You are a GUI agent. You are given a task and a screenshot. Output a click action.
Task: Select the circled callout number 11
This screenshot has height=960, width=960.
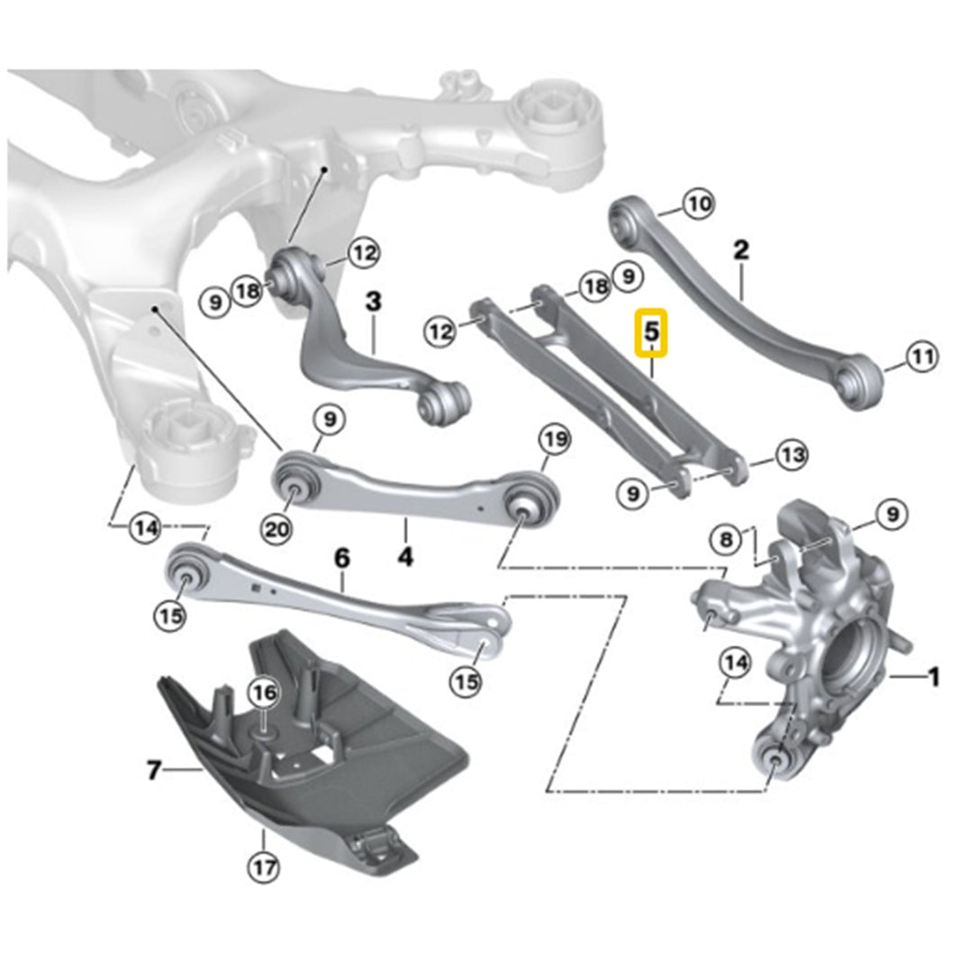pos(921,358)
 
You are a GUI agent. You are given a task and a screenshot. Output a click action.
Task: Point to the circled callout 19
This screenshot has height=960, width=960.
pos(554,441)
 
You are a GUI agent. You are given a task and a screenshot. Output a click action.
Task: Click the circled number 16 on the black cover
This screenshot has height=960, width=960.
pos(263,693)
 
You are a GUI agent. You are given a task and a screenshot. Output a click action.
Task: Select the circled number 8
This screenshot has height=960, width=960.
pos(726,540)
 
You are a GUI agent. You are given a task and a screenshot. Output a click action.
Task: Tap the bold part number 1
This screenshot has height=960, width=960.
pos(934,675)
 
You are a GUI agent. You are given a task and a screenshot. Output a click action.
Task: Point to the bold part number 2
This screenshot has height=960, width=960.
pos(740,249)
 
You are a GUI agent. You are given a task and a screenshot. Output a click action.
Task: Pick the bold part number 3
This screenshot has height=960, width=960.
pos(373,302)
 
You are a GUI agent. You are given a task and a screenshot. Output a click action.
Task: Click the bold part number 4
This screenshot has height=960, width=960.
pos(405,557)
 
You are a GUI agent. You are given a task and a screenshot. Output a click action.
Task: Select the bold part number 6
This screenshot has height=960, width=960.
pos(341,557)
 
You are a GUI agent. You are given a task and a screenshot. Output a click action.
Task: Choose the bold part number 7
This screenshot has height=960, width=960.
pos(154,771)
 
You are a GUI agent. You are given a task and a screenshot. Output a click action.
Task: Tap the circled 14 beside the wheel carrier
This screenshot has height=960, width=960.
pos(736,664)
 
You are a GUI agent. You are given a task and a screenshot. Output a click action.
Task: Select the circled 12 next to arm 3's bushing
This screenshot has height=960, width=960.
pos(363,253)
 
